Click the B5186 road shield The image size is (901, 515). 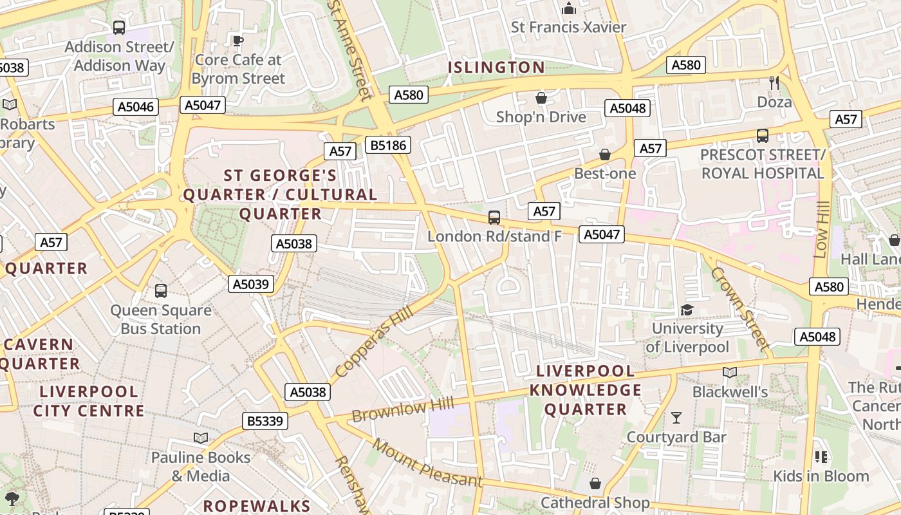(x=388, y=145)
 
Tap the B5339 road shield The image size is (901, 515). (x=265, y=421)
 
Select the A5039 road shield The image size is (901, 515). (x=251, y=284)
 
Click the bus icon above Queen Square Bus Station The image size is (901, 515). (x=161, y=291)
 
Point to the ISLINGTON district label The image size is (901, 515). (x=496, y=67)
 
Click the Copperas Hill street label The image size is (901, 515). (x=373, y=342)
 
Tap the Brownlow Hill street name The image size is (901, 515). (x=403, y=409)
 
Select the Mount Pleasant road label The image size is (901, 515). (x=427, y=463)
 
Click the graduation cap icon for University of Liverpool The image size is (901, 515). (x=687, y=310)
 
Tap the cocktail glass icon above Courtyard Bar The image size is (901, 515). (x=676, y=418)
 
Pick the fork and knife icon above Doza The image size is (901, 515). (x=774, y=82)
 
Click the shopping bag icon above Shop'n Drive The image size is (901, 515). (x=541, y=98)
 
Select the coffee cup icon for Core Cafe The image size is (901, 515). (x=238, y=41)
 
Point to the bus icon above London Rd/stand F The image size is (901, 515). (x=494, y=218)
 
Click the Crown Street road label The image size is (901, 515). (x=740, y=308)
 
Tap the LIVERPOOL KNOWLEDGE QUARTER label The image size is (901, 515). (x=585, y=390)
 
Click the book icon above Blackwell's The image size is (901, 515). (x=730, y=372)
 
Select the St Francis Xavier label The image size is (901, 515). (x=568, y=27)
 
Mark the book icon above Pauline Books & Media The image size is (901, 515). (x=201, y=438)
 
